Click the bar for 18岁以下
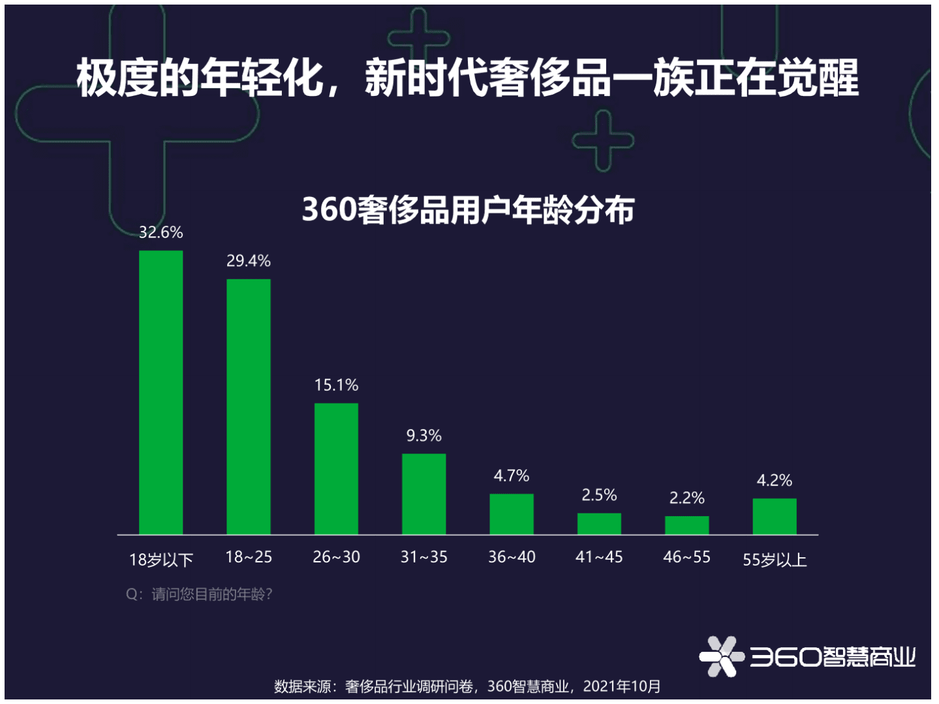(x=161, y=392)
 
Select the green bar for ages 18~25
(x=248, y=406)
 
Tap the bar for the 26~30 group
(x=336, y=468)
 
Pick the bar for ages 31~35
(x=423, y=494)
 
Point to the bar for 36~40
(x=512, y=514)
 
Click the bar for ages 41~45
(x=599, y=523)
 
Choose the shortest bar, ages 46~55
(x=686, y=525)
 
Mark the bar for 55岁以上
(x=775, y=516)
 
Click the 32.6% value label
(x=161, y=232)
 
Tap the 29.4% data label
(x=248, y=261)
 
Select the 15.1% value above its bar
(x=336, y=385)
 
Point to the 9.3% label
(x=423, y=435)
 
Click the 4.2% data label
(x=775, y=480)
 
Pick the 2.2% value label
(x=686, y=498)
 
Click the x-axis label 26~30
(x=336, y=557)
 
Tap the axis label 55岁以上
(x=775, y=560)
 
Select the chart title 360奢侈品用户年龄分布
(x=468, y=210)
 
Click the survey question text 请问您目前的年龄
(x=199, y=594)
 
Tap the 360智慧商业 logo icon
(x=722, y=656)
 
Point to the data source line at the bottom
(x=467, y=686)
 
